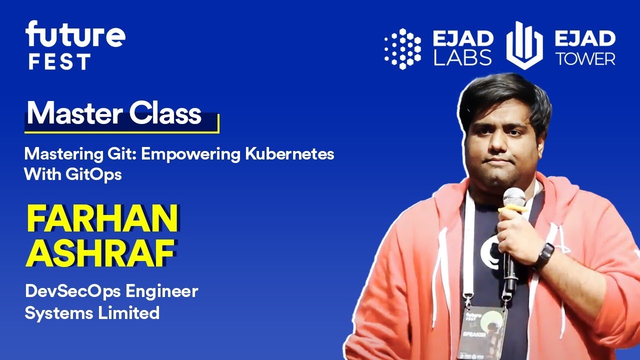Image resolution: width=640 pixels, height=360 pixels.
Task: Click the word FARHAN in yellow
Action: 102,218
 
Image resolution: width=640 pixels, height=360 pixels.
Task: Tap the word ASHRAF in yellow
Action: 100,253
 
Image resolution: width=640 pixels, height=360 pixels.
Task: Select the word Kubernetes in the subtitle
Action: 289,154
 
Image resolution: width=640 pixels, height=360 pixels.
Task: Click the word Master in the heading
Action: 75,113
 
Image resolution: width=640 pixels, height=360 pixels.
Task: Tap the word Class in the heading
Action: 165,113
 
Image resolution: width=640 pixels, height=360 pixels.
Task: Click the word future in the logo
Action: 75,35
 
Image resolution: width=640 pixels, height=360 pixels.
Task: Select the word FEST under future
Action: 59,62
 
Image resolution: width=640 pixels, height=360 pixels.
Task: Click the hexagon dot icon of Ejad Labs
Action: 402,48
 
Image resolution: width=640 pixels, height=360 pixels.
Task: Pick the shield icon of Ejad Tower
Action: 524,45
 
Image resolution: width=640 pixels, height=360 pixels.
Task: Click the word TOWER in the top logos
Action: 585,59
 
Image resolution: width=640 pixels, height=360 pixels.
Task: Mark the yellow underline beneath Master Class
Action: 122,131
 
